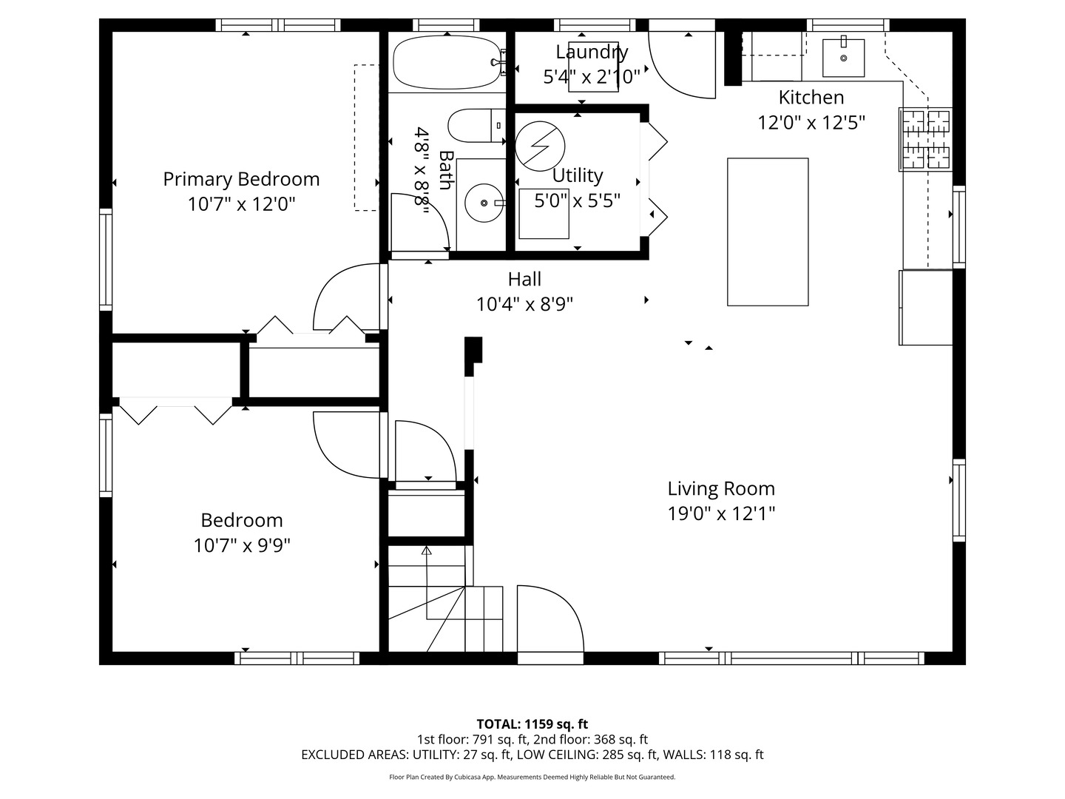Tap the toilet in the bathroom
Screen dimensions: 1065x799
(x=476, y=125)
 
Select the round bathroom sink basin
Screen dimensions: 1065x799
(x=484, y=203)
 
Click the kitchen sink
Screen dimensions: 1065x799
(x=843, y=58)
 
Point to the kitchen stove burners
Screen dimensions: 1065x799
(x=926, y=139)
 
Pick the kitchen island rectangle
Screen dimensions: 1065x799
(x=768, y=232)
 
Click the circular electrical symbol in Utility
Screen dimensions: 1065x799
(x=540, y=146)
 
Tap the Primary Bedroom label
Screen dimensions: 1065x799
(x=241, y=179)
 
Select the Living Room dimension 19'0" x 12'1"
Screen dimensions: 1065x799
(x=721, y=513)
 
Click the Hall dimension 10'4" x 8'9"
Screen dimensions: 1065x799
(x=524, y=304)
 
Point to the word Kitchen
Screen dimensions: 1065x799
(x=811, y=97)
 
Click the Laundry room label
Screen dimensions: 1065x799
(x=592, y=52)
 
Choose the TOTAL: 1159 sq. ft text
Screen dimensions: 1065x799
(x=532, y=724)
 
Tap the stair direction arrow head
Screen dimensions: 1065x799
(x=426, y=550)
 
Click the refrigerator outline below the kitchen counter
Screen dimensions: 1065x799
(x=926, y=308)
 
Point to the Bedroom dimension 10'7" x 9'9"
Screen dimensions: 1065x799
(x=242, y=545)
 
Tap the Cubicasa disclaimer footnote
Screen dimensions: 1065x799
(x=532, y=777)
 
